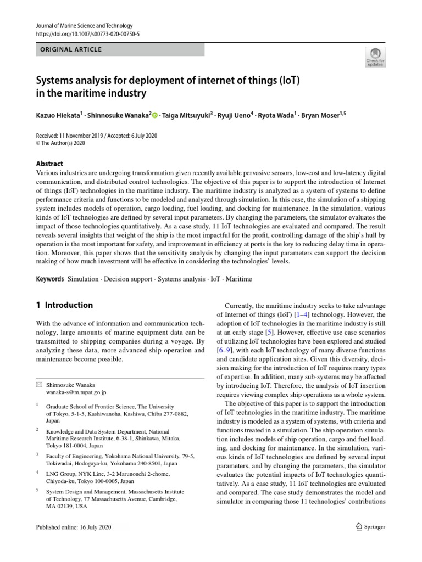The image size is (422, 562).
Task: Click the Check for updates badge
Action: click(x=375, y=56)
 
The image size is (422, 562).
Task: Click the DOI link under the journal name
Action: click(x=87, y=33)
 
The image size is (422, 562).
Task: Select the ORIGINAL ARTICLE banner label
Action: click(x=71, y=49)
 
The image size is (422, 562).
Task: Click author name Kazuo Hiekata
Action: click(x=58, y=115)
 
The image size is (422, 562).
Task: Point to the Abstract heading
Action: click(x=49, y=164)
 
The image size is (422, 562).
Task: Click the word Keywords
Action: click(x=50, y=279)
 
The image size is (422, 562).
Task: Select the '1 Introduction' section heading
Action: click(x=64, y=305)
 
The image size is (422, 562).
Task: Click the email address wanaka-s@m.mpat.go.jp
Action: click(x=76, y=392)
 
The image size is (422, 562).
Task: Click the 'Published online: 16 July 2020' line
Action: click(x=74, y=527)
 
